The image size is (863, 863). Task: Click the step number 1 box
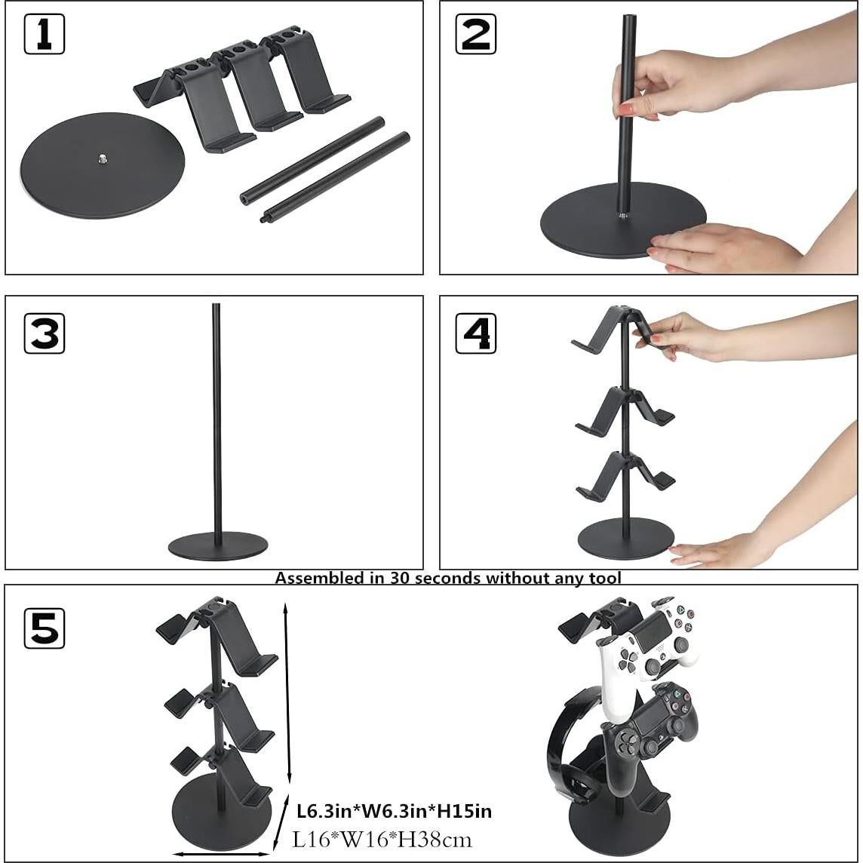(x=45, y=35)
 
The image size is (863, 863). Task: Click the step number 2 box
(x=476, y=35)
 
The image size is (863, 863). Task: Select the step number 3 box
(x=45, y=333)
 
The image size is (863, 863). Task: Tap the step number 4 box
(x=476, y=333)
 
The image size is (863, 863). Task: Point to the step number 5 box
(x=45, y=628)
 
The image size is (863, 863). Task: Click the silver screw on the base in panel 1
(x=103, y=158)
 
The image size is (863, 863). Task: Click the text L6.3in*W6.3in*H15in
(x=394, y=811)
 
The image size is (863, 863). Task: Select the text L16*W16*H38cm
(x=382, y=839)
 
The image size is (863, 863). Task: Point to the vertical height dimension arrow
(x=287, y=694)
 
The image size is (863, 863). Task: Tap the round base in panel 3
(x=218, y=546)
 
